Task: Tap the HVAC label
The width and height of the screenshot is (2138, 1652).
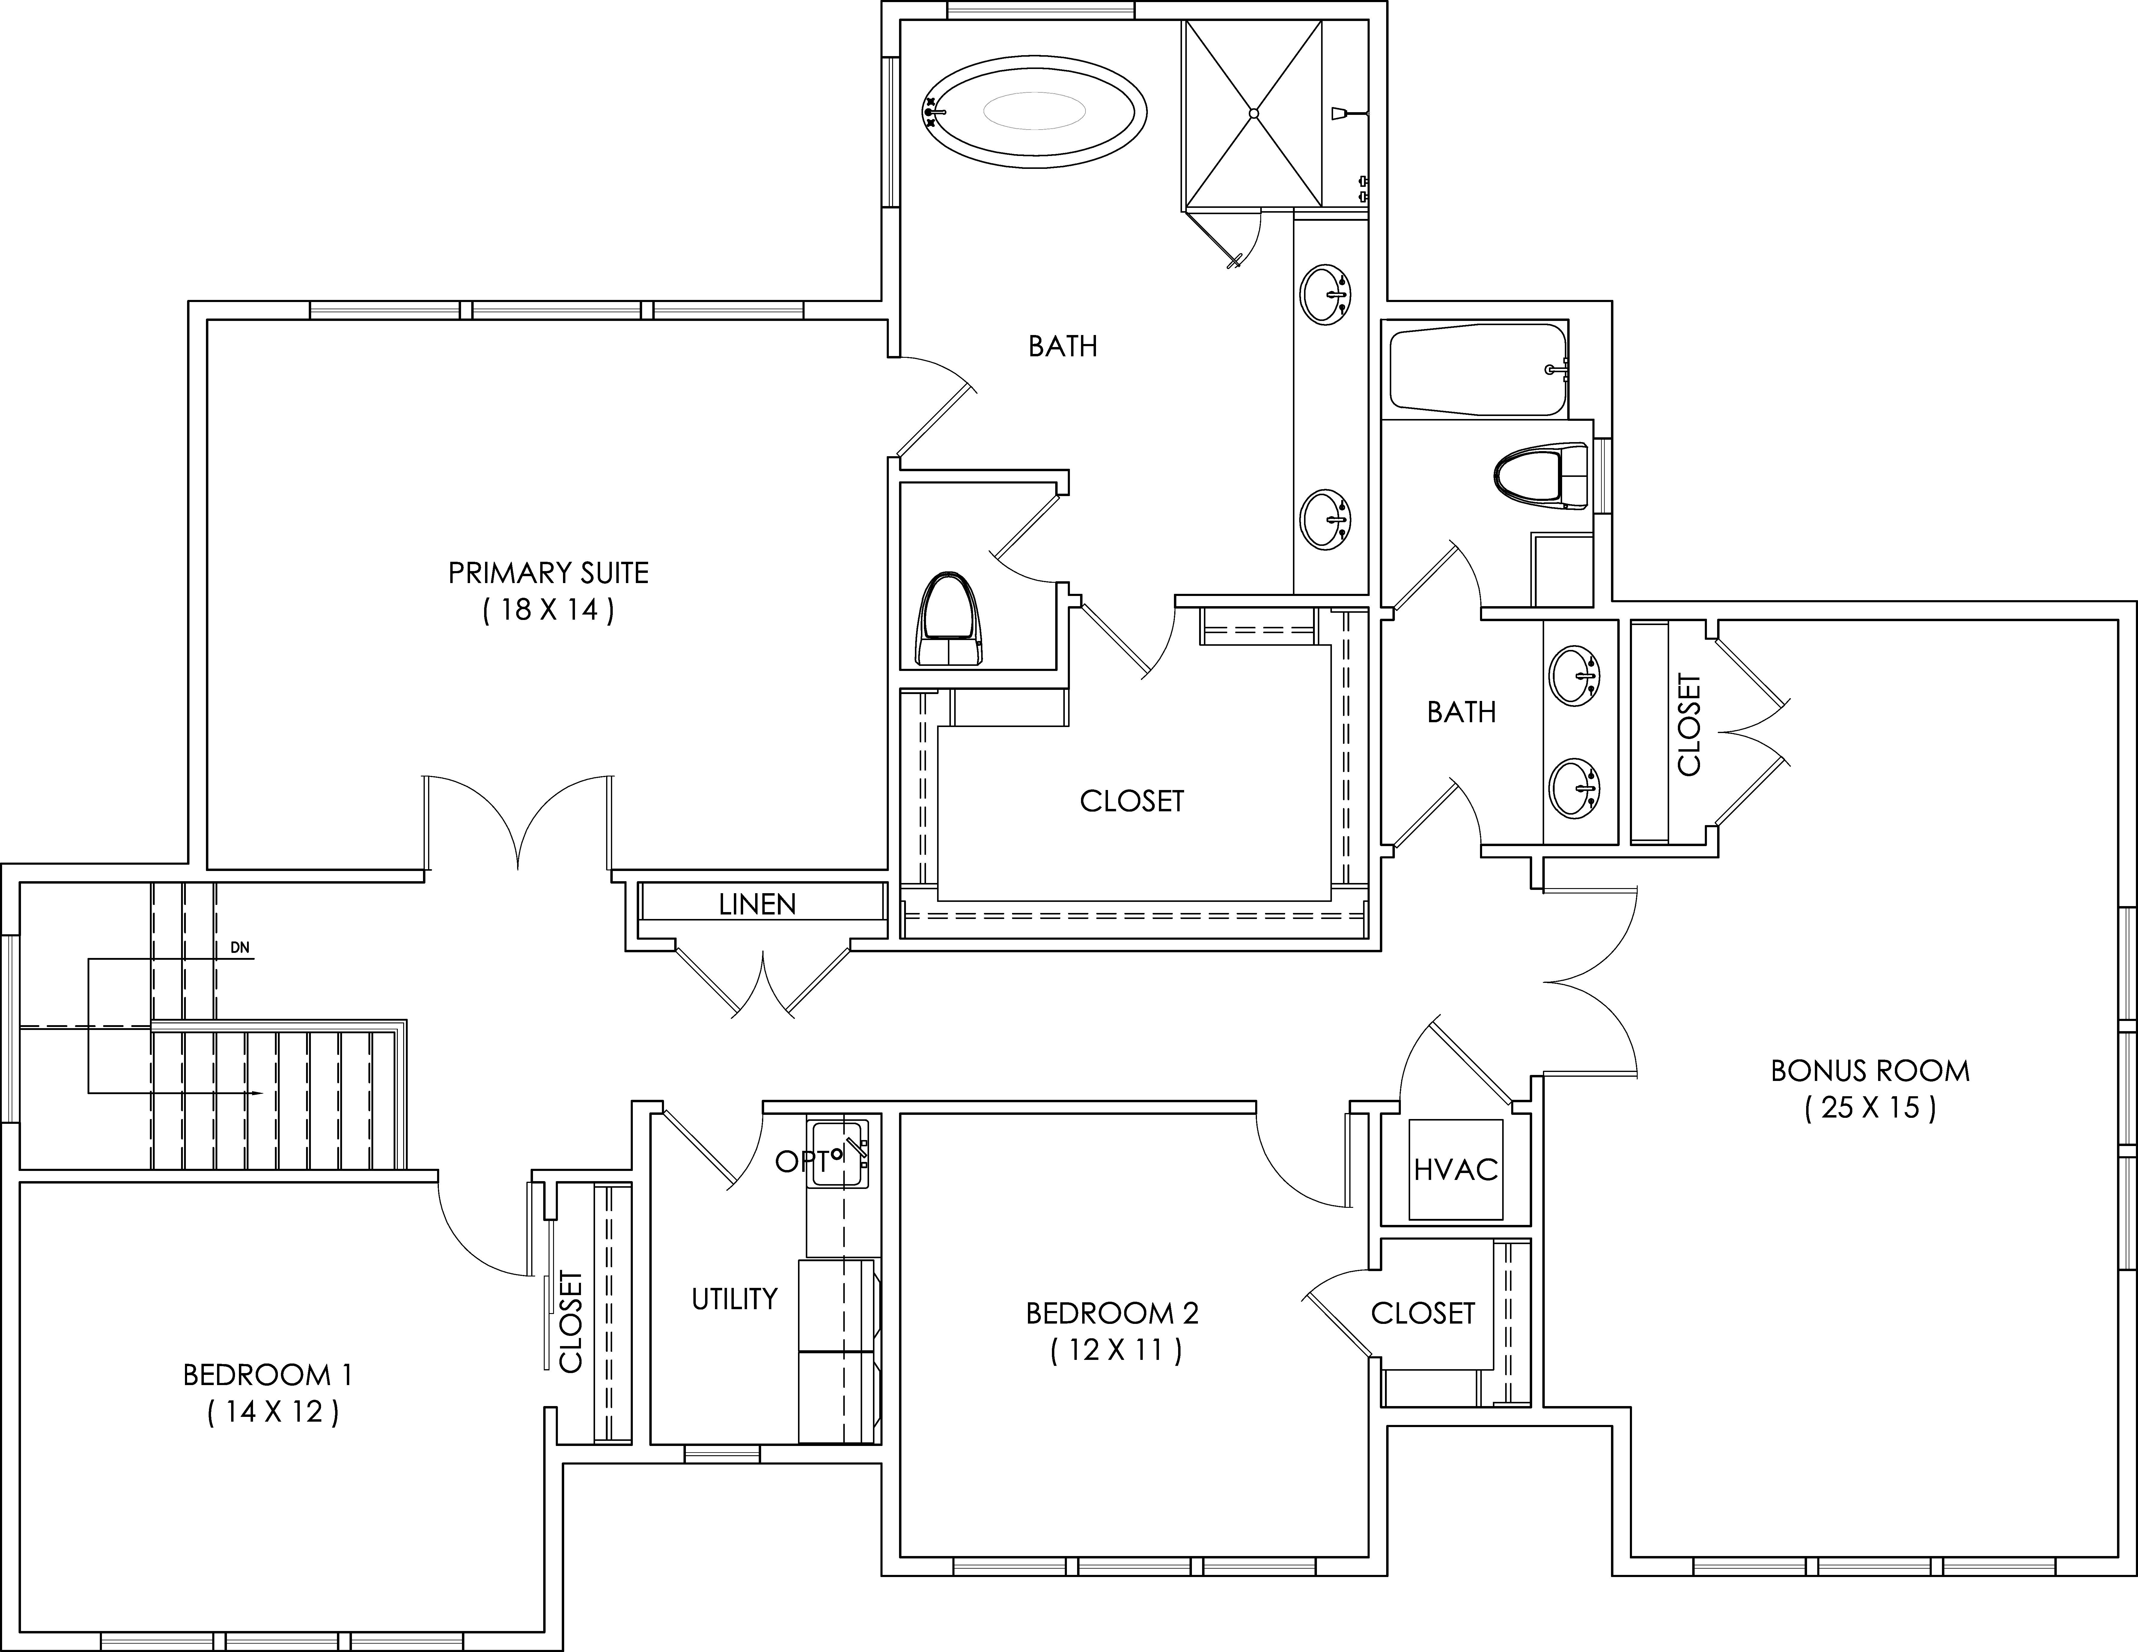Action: coord(1456,1169)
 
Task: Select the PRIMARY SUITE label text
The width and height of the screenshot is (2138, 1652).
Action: coord(548,573)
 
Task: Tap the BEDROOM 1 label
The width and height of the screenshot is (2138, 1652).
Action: coord(267,1375)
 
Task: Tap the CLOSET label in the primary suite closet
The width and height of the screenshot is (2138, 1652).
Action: coord(1132,801)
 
